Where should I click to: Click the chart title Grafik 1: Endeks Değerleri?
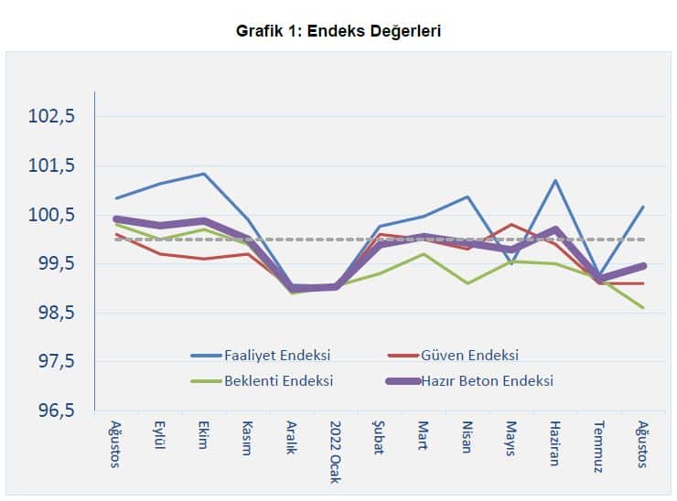click(338, 31)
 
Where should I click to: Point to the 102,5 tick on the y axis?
click(52, 117)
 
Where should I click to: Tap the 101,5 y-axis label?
click(52, 166)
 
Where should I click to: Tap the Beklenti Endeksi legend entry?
click(278, 380)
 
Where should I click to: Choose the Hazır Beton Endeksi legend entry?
click(487, 380)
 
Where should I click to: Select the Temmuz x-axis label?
click(597, 444)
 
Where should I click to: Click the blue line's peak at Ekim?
click(203, 174)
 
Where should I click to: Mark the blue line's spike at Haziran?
click(554, 180)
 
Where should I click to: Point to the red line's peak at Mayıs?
click(510, 224)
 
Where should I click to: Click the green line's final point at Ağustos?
click(642, 308)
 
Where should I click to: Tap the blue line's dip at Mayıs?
click(510, 263)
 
